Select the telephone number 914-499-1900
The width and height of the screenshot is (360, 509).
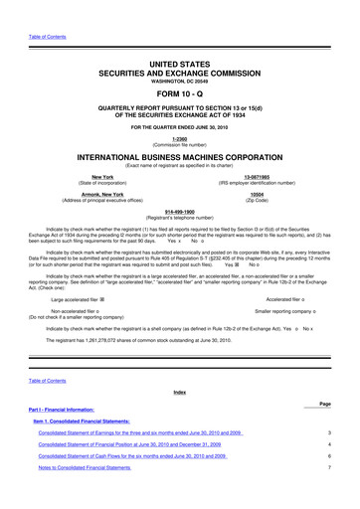coord(179,212)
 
